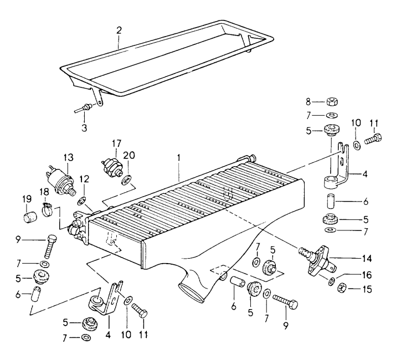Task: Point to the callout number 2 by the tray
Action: pyautogui.click(x=119, y=29)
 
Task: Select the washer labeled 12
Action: pyautogui.click(x=81, y=199)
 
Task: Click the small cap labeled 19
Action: pyautogui.click(x=27, y=215)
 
